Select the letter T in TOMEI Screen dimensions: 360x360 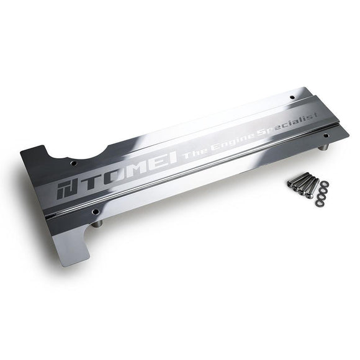click(88, 185)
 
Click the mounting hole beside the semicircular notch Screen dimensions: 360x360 click(73, 163)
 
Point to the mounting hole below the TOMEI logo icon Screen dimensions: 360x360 click(96, 211)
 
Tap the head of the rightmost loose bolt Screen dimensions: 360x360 click(314, 180)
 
